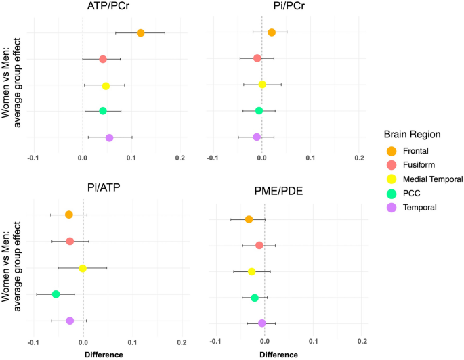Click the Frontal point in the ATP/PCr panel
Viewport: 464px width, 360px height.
pyautogui.click(x=140, y=32)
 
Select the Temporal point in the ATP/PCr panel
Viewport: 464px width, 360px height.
pyautogui.click(x=109, y=137)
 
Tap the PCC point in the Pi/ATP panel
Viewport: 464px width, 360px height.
pyautogui.click(x=56, y=294)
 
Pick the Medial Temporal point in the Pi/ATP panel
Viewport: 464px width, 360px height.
pyautogui.click(x=83, y=268)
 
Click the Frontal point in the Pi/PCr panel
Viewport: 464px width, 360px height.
pyautogui.click(x=272, y=32)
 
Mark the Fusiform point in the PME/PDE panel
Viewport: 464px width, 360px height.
pyautogui.click(x=259, y=245)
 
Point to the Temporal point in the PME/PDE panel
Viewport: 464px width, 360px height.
pyautogui.click(x=261, y=323)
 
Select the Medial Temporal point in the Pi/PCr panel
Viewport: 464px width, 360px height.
pyautogui.click(x=262, y=85)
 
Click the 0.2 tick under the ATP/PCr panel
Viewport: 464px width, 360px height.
pyautogui.click(x=180, y=158)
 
